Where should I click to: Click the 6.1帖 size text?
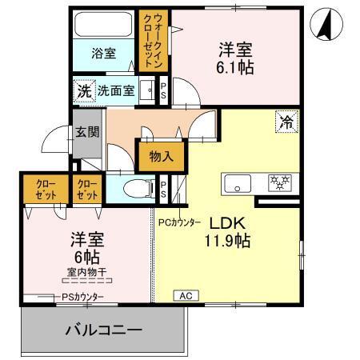point(237,67)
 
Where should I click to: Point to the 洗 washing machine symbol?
point(83,90)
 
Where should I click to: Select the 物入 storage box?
point(161,157)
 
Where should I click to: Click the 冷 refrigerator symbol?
point(286,122)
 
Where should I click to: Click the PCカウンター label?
point(179,222)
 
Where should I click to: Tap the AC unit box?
point(185,295)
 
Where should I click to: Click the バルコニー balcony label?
point(103,330)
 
